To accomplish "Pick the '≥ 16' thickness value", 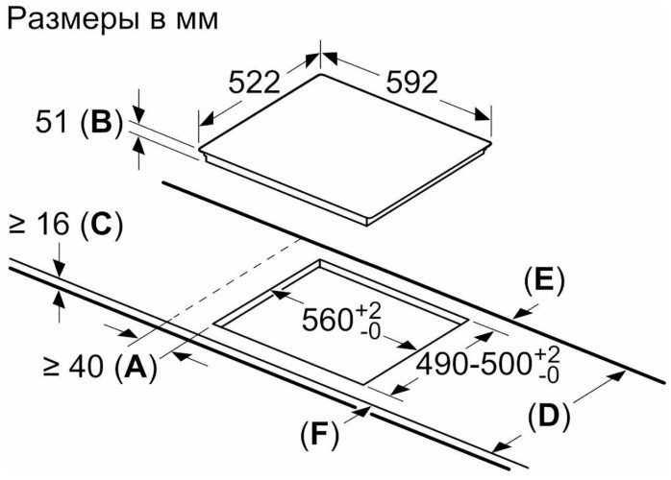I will point(41,228).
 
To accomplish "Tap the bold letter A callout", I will point(135,365).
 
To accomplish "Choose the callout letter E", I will point(544,280).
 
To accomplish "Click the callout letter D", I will point(549,416).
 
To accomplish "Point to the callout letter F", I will point(319,435).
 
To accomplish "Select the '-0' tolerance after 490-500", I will point(549,376).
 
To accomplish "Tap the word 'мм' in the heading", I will point(195,18).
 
